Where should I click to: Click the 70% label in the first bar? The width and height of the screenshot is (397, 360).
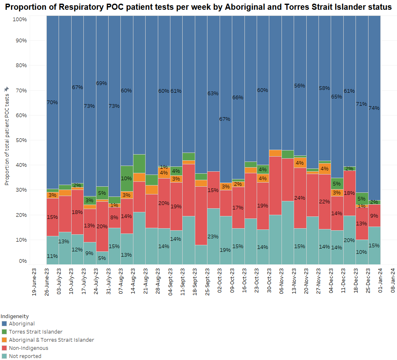coord(52,103)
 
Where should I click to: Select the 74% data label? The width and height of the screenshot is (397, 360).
coord(374,108)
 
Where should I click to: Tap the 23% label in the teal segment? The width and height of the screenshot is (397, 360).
coord(213,236)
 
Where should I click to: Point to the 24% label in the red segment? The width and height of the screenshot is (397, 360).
coord(300,198)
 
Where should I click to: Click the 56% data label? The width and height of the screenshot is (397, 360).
coord(300,86)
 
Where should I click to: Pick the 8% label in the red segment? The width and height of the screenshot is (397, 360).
coord(114,218)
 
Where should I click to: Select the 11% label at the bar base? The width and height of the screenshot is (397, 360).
coord(52,256)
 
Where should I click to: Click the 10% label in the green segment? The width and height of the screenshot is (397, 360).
coord(127,178)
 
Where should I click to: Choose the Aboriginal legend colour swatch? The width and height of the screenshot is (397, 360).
coord(4,324)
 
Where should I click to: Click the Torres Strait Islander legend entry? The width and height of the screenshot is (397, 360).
coord(35,332)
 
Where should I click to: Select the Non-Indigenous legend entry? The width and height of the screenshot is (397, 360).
coord(28,348)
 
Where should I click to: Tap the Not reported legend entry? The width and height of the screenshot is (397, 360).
coord(25,356)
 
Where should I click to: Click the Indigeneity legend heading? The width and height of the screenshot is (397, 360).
coord(15,316)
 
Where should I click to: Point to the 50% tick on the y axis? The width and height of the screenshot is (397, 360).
coord(20,140)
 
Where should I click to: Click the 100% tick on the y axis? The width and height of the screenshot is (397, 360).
coord(20,20)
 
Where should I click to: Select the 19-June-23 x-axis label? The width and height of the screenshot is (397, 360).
coord(34,280)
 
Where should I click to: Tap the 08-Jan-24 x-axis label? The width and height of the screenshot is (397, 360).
coord(393,280)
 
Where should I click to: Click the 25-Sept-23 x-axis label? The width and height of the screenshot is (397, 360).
coord(207,280)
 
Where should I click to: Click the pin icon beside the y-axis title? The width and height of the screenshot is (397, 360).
coord(6,89)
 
